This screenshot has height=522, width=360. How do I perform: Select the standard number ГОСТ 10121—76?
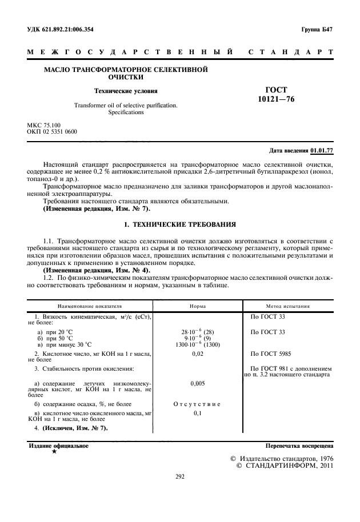pos(276,95)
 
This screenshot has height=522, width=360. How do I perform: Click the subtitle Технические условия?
pos(126,90)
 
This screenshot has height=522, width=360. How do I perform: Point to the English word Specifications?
pos(126,113)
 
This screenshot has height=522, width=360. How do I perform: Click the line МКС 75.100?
pos(44,125)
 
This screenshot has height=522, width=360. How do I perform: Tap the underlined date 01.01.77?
pos(322,151)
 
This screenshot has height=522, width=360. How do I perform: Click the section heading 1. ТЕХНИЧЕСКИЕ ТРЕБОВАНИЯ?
pos(179,224)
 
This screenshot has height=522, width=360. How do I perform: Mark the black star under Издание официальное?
pos(54,452)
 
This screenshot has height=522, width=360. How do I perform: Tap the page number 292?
pos(179,476)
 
